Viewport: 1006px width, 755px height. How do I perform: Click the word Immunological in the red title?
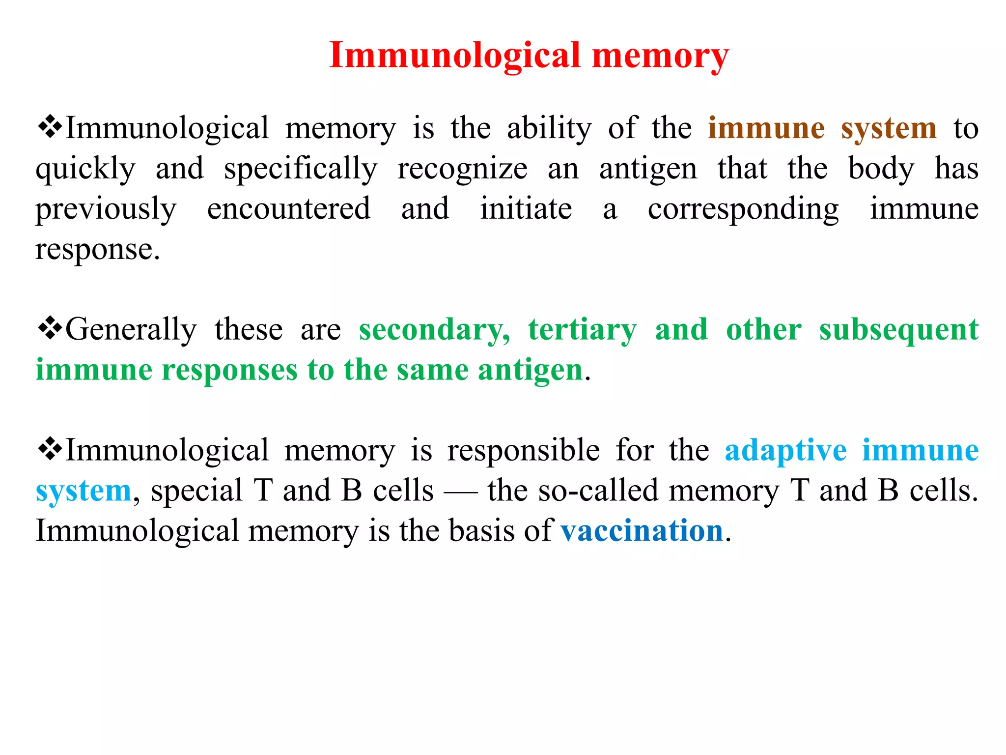click(455, 55)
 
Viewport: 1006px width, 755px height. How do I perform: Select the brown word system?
click(889, 129)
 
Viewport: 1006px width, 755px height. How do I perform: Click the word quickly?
click(85, 169)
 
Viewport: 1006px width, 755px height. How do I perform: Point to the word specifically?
click(301, 169)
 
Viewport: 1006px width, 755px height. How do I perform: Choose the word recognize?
click(462, 169)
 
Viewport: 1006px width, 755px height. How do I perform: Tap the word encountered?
click(289, 208)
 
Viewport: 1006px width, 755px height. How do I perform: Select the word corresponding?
click(743, 209)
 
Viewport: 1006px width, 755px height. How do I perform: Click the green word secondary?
click(434, 330)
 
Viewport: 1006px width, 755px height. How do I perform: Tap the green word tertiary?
click(583, 330)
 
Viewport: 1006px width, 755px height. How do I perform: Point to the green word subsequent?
click(899, 330)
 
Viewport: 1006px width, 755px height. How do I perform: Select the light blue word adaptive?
click(785, 451)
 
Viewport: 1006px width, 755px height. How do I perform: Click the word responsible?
click(523, 451)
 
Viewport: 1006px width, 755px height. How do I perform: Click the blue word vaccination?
click(642, 531)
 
